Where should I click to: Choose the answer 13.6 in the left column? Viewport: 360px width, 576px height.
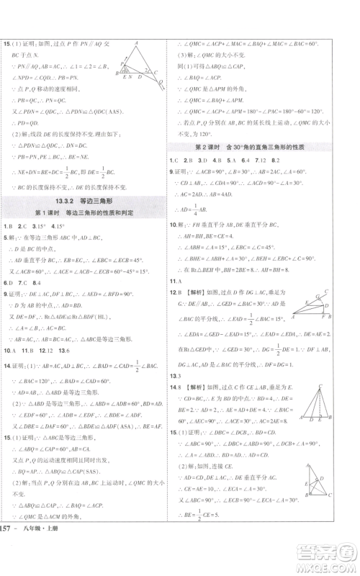point(64,351)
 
